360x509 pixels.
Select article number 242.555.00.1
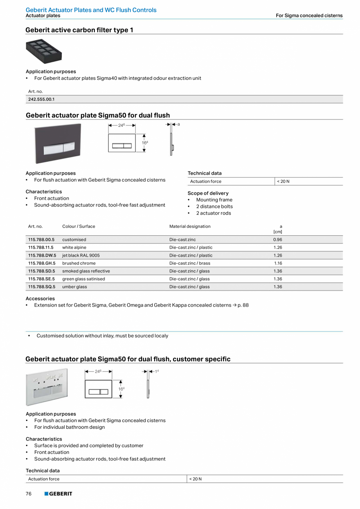click(x=41, y=99)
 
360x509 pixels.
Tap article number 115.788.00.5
click(x=41, y=240)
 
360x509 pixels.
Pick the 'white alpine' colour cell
click(x=74, y=247)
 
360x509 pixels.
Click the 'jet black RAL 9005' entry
click(x=81, y=255)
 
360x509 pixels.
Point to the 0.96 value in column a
click(x=277, y=240)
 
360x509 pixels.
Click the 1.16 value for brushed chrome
click(x=278, y=263)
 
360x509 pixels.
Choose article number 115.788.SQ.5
click(x=42, y=287)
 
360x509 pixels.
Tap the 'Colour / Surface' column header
click(x=79, y=226)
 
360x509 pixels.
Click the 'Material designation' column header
click(x=190, y=226)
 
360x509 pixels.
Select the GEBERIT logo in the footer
click(x=58, y=494)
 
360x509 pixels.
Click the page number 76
click(x=29, y=494)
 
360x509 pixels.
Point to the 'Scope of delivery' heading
click(x=208, y=193)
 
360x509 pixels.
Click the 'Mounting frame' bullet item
click(x=214, y=200)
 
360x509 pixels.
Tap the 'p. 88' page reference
click(x=243, y=305)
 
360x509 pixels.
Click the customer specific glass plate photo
click(x=47, y=387)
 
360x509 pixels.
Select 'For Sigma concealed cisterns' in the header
click(x=309, y=16)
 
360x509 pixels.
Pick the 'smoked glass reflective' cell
click(x=86, y=271)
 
